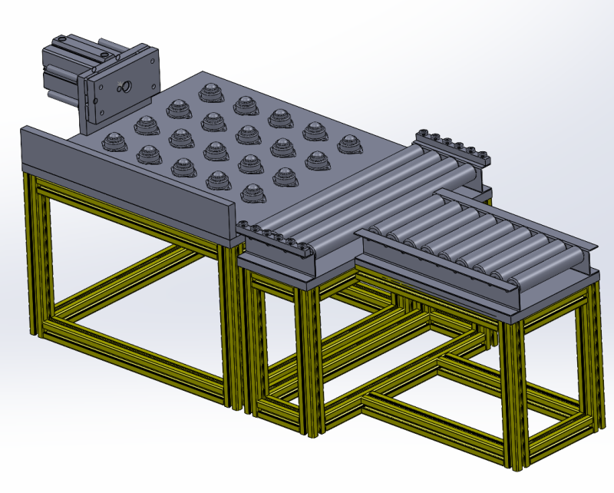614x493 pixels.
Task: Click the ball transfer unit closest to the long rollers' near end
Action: (253, 192)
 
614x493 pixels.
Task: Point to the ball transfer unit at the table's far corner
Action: (211, 92)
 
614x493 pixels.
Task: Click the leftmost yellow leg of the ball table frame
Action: (33, 253)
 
